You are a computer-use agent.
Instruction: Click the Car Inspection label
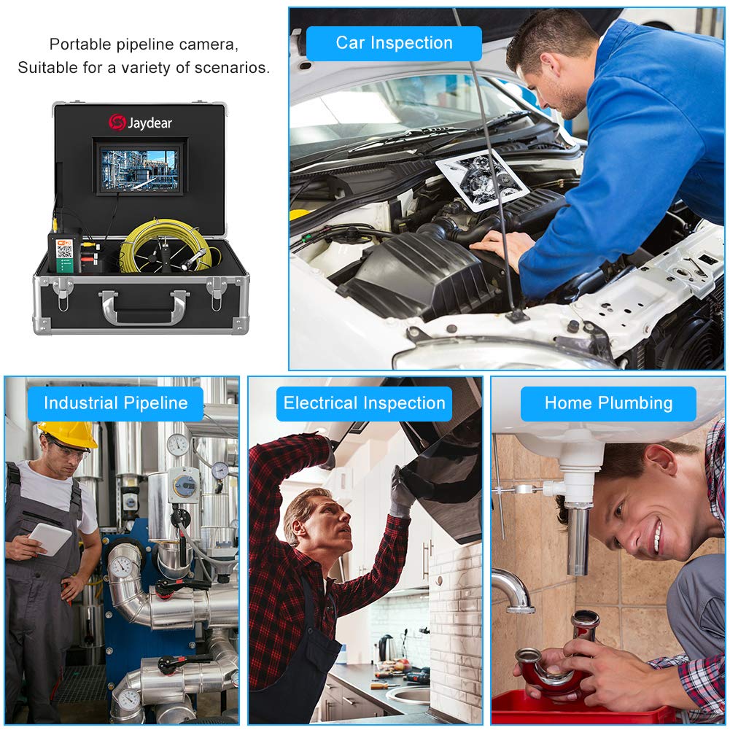pyautogui.click(x=394, y=43)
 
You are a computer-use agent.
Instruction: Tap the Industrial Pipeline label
pyautogui.click(x=115, y=403)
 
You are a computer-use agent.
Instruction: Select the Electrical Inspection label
pyautogui.click(x=364, y=403)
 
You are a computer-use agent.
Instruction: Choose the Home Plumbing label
pyautogui.click(x=608, y=403)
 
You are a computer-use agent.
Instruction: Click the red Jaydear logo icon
pyautogui.click(x=117, y=123)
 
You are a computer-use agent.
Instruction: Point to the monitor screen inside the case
pyautogui.click(x=140, y=170)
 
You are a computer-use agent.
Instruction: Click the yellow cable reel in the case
pyautogui.click(x=168, y=246)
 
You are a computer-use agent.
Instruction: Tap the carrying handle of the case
pyautogui.click(x=144, y=306)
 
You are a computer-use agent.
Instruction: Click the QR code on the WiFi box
pyautogui.click(x=64, y=251)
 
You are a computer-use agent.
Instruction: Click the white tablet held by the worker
pyautogui.click(x=50, y=539)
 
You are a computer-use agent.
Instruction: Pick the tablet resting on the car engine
pyautogui.click(x=482, y=179)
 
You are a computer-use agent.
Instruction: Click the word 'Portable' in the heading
pyautogui.click(x=80, y=44)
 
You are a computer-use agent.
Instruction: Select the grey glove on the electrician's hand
pyautogui.click(x=401, y=492)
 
